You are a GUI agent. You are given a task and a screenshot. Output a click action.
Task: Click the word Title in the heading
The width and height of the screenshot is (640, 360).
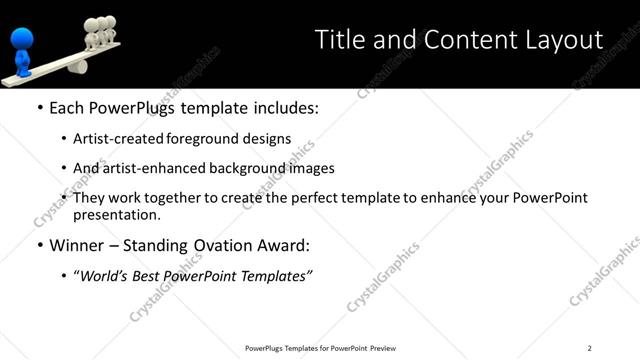coord(339,40)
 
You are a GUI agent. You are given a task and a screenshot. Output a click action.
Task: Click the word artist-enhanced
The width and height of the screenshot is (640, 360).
coord(152,169)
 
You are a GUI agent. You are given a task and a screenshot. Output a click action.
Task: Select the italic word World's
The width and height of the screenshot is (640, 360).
coord(106,275)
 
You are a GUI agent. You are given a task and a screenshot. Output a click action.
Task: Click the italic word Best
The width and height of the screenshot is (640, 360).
coord(151,275)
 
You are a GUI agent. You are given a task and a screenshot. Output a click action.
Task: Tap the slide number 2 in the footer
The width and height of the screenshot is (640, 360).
coord(590,348)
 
